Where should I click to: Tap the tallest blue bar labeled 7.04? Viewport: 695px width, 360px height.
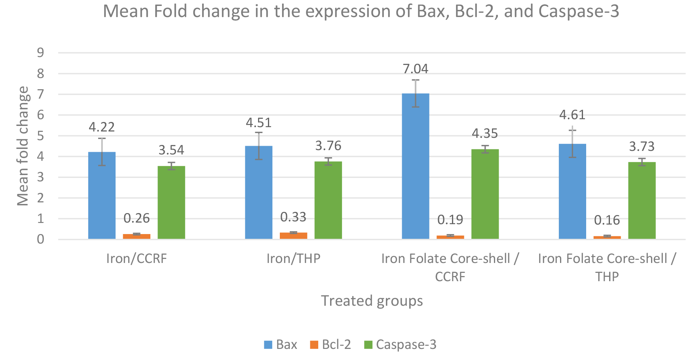(416, 166)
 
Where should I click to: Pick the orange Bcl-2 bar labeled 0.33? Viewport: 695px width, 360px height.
(294, 236)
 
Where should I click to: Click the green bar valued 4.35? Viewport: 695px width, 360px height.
(485, 194)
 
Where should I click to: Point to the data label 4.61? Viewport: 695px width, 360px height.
(572, 115)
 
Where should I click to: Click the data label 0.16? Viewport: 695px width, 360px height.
(607, 220)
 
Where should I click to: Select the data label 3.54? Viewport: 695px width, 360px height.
(171, 150)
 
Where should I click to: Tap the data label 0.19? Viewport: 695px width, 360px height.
(450, 219)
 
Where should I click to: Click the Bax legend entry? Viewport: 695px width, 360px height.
(281, 345)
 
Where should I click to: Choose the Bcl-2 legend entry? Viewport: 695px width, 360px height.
(330, 345)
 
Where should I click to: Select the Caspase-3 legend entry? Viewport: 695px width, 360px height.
(400, 345)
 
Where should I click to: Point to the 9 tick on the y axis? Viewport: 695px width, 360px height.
(40, 53)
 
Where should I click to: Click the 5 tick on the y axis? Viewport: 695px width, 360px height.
(40, 136)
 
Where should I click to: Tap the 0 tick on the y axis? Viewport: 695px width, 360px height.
(40, 239)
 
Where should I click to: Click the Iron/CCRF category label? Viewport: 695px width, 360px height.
(137, 259)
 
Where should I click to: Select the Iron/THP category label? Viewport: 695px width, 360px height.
(293, 259)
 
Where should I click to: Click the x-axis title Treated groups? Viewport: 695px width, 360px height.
(372, 301)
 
